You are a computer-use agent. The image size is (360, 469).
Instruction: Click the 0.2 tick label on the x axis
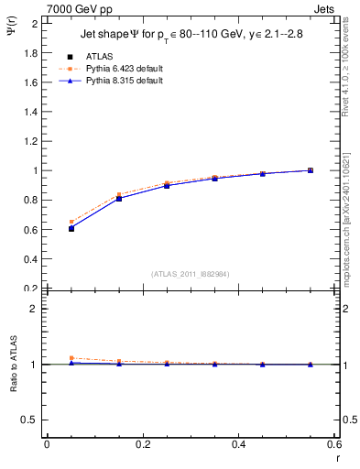(142, 444)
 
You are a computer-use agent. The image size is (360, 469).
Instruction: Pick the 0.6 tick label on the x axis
(333, 444)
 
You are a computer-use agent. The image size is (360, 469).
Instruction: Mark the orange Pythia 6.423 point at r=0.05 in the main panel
(71, 222)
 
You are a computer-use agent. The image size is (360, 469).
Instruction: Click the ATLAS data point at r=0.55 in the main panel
(311, 170)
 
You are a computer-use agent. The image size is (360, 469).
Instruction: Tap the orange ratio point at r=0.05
(71, 358)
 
